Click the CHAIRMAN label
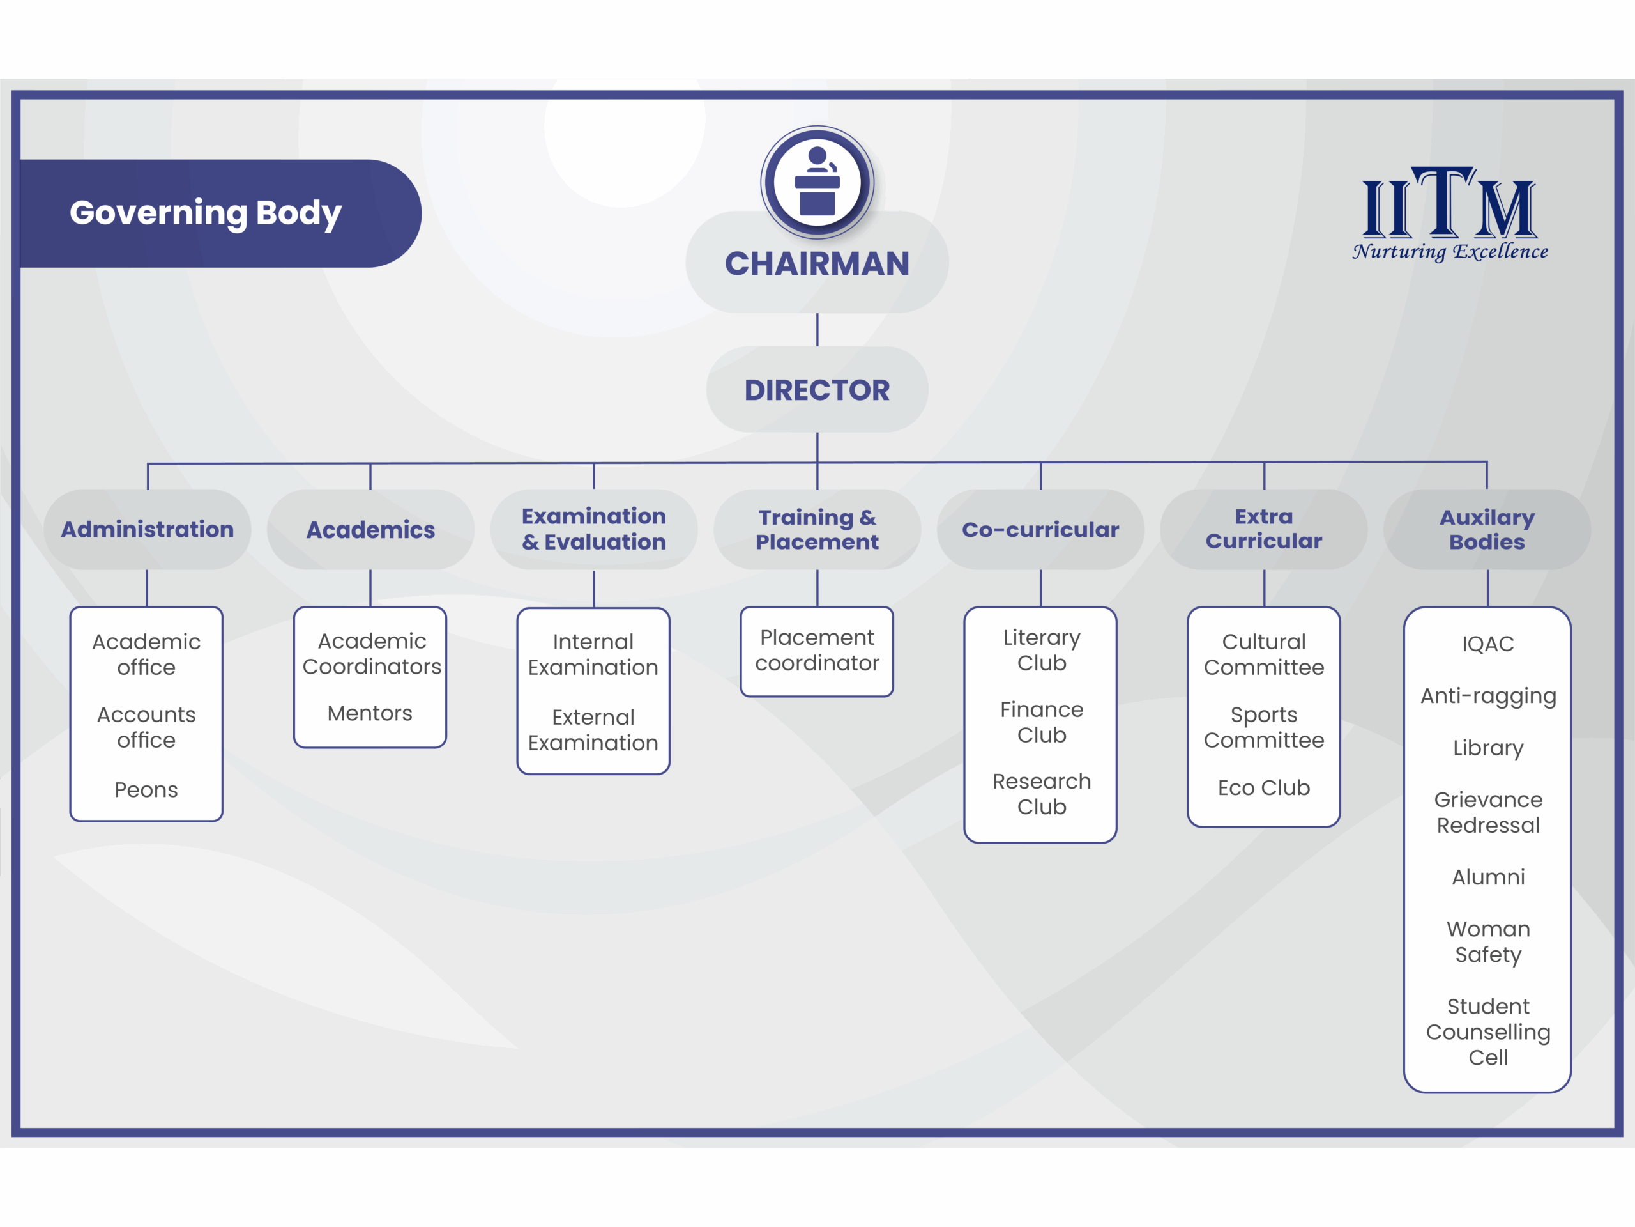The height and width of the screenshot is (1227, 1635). pos(817,264)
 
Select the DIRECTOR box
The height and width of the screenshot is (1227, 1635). pos(817,390)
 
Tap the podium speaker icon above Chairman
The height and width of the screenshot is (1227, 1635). pos(817,181)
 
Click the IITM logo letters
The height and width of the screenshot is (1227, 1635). pos(1449,203)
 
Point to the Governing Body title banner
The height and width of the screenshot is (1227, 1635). pos(207,213)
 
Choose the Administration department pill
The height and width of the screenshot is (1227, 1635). pos(147,530)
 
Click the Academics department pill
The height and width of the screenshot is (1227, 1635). pos(370,530)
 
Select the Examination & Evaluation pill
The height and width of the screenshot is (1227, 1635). pos(593,530)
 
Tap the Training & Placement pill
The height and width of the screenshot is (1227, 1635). pos(817,530)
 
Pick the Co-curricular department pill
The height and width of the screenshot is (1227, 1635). pos(1040,530)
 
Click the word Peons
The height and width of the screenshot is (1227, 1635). pos(146,790)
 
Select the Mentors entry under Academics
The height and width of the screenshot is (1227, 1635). pos(370,713)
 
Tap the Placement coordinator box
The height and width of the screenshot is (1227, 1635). pos(817,651)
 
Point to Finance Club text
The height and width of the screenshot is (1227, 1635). pos(1041,722)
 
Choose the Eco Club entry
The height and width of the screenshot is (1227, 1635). pos(1264,788)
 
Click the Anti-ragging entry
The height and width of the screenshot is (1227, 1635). pos(1488,696)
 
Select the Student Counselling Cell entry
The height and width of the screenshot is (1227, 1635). pos(1488,1031)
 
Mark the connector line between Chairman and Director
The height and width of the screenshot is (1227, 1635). pos(817,329)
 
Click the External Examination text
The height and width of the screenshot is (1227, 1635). pos(593,730)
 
